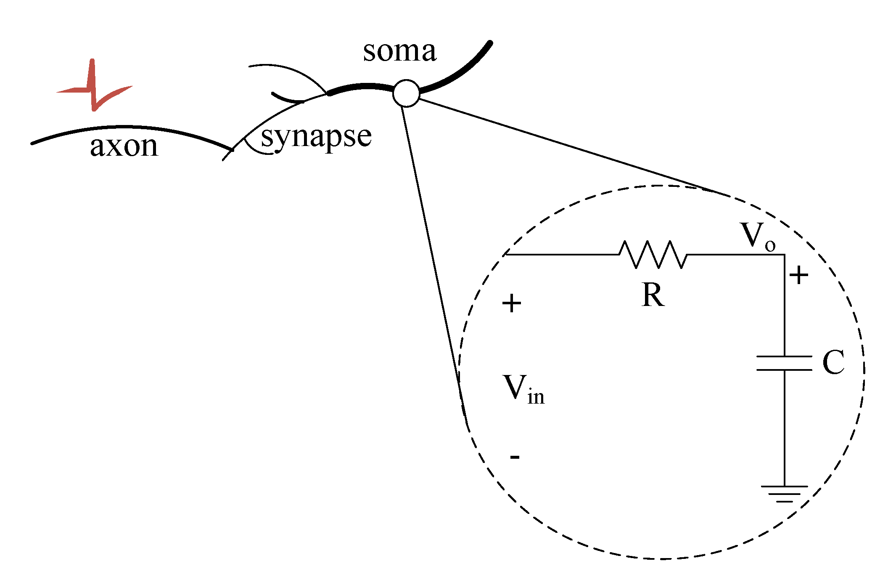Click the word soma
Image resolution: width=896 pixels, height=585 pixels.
[x=399, y=52]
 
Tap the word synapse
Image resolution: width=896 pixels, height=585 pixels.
[x=316, y=137]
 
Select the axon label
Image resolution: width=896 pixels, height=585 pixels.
[x=124, y=146]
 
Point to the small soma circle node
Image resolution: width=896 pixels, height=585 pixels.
[x=406, y=93]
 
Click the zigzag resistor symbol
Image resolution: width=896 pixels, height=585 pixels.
[x=653, y=254]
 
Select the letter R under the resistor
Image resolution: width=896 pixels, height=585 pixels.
[x=653, y=295]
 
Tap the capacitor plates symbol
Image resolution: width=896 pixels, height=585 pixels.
[x=784, y=363]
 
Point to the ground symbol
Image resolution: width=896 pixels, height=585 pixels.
[x=784, y=494]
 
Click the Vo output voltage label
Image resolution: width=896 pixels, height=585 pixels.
[x=757, y=236]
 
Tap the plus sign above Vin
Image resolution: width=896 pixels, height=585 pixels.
[x=512, y=303]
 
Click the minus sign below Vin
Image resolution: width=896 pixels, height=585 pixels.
[x=515, y=457]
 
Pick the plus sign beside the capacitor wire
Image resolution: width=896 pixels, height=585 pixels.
[x=798, y=276]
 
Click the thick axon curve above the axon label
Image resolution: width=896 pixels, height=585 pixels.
[x=126, y=127]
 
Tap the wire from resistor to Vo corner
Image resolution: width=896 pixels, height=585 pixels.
[x=736, y=254]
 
